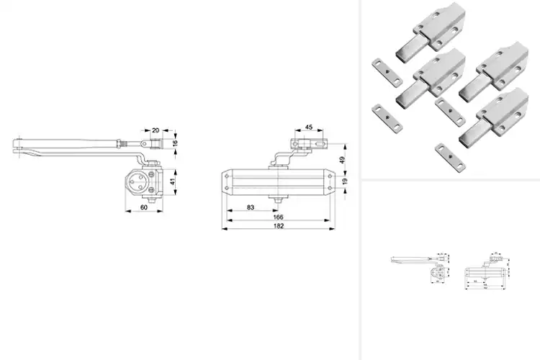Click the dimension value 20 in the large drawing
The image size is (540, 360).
click(x=156, y=130)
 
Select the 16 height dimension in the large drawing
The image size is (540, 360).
click(x=175, y=144)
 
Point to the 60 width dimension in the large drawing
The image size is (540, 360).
click(x=143, y=207)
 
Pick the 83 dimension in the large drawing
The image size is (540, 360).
click(x=251, y=207)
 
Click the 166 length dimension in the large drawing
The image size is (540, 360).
click(x=279, y=217)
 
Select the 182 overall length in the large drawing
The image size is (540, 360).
click(x=279, y=226)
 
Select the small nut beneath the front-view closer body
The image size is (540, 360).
click(x=278, y=197)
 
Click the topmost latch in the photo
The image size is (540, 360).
click(x=425, y=32)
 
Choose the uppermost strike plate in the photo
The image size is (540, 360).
click(x=386, y=71)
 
